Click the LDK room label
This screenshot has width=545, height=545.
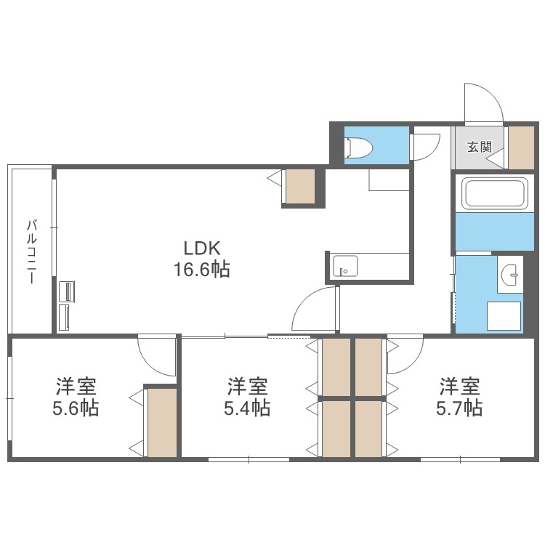201,249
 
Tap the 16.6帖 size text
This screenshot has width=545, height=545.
201,270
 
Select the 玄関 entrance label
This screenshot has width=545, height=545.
480,147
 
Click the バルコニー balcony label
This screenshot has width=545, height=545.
32,251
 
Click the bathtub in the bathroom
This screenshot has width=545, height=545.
495,193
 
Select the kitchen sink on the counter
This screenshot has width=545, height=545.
344,266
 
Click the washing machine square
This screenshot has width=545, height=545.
504,315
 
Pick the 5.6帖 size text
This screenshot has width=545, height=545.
76,408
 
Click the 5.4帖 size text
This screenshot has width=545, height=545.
247,408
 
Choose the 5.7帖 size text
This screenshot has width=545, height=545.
459,408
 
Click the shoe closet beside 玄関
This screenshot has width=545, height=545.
521,148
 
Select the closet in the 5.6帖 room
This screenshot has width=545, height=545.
162,422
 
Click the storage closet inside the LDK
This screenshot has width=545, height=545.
300,186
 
